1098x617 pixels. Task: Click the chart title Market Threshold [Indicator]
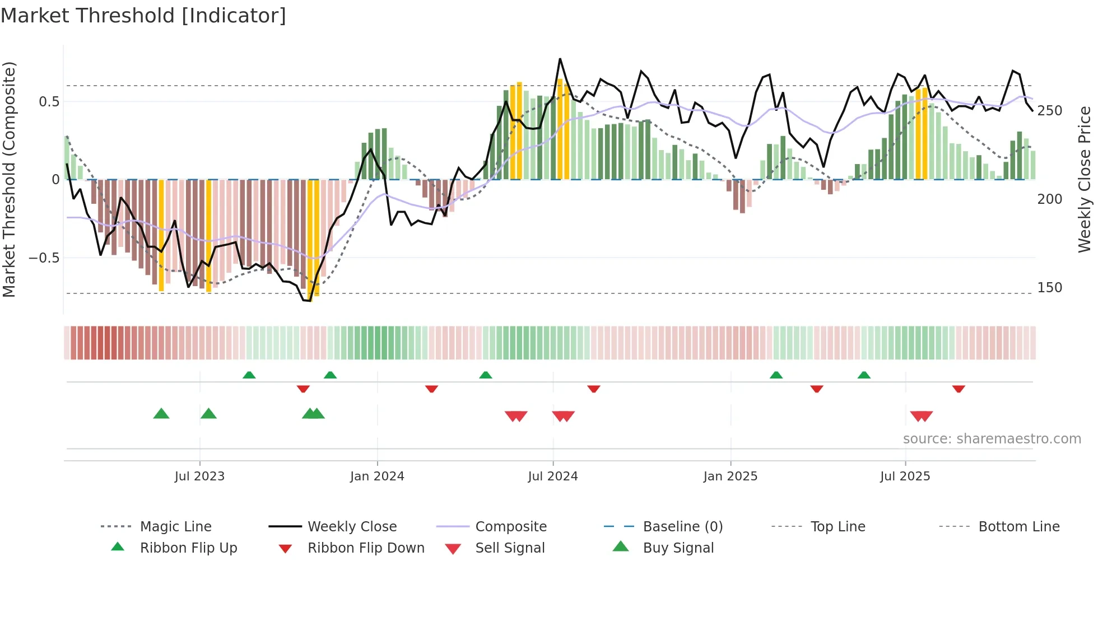(143, 16)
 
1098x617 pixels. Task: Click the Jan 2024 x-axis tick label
(377, 476)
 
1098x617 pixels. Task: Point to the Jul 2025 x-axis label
(905, 476)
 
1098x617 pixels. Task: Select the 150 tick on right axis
(1049, 288)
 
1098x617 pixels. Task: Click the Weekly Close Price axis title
(1085, 179)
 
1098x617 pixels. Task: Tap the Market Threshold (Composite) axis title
(9, 179)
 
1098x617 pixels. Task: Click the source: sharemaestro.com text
(992, 438)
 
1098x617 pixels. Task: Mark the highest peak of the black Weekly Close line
(560, 59)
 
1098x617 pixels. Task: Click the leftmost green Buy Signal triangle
(161, 414)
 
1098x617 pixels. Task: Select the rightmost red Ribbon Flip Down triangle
(959, 389)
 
